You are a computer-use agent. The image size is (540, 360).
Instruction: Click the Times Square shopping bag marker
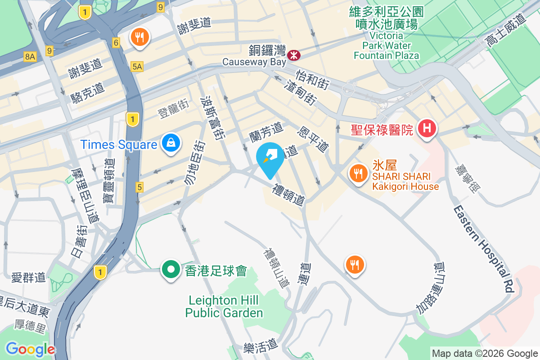pyautogui.click(x=171, y=143)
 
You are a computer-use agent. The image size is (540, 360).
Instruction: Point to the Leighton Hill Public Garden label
pyautogui.click(x=224, y=306)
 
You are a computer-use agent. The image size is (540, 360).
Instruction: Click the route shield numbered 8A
pyautogui.click(x=30, y=56)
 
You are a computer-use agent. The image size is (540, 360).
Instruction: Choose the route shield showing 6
pyautogui.click(x=116, y=43)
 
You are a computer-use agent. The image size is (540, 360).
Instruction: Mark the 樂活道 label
pyautogui.click(x=261, y=346)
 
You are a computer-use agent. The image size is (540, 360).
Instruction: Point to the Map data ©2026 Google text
pyautogui.click(x=485, y=353)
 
